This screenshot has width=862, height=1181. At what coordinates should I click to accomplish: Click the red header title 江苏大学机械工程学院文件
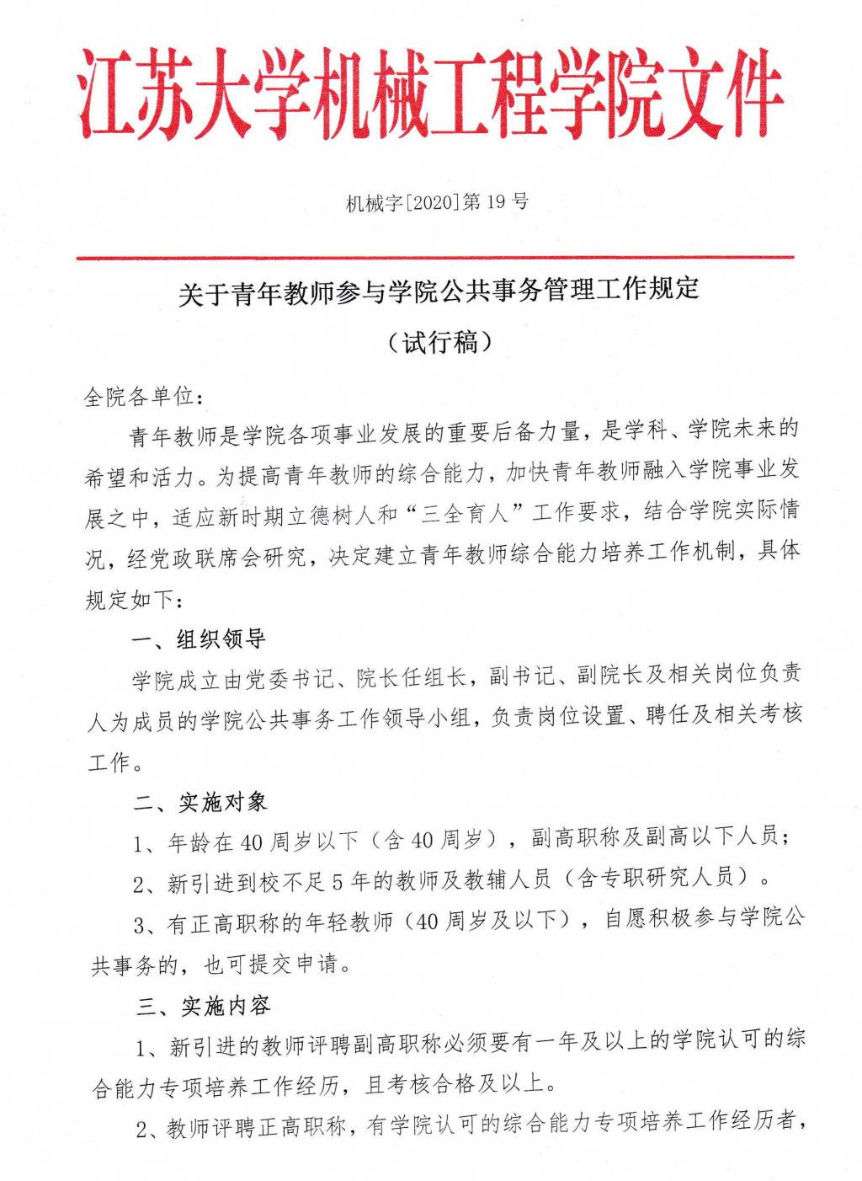(431, 97)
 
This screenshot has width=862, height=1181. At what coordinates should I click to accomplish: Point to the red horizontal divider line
(434, 257)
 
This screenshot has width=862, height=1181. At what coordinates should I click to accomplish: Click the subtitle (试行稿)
(439, 343)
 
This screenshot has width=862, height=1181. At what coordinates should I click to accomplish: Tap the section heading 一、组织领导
(200, 639)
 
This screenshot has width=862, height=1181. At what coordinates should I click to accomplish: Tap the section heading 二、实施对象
(200, 801)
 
